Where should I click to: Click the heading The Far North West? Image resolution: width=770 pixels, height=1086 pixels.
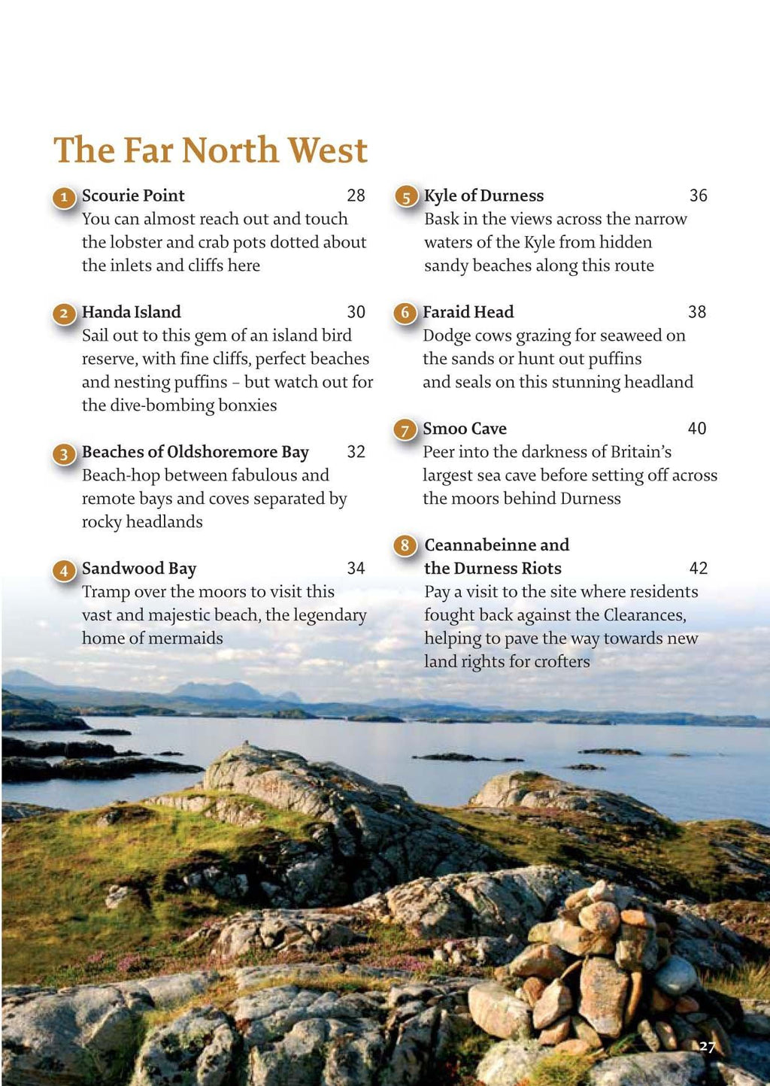pos(211,150)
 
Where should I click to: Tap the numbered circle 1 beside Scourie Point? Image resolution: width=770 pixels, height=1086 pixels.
pos(64,198)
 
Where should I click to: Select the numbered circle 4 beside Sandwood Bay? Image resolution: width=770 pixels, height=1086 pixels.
pos(64,571)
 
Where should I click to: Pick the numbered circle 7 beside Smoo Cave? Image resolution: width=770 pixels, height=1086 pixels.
pos(405,430)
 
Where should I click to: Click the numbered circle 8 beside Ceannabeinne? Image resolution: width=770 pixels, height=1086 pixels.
pos(405,545)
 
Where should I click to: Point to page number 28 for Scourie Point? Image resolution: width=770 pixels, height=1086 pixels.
pos(356,196)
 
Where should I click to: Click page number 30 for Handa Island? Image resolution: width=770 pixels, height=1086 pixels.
pos(356,312)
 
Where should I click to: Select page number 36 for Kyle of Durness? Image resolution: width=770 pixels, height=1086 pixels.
pos(698,196)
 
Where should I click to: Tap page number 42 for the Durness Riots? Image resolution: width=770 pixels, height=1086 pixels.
pos(698,569)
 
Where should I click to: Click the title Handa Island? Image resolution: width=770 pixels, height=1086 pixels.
pos(132,312)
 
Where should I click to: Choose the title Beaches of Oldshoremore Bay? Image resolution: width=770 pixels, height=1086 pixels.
pos(196,452)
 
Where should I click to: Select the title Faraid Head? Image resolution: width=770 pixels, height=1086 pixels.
pos(468,312)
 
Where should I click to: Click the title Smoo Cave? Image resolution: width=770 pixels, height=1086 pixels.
pos(465,429)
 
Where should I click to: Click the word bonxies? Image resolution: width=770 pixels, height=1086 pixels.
pos(247,405)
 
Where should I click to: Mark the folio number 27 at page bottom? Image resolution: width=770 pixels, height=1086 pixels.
pos(707,1046)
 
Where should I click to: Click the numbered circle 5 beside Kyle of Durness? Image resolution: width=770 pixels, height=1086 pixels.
pos(406,198)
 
